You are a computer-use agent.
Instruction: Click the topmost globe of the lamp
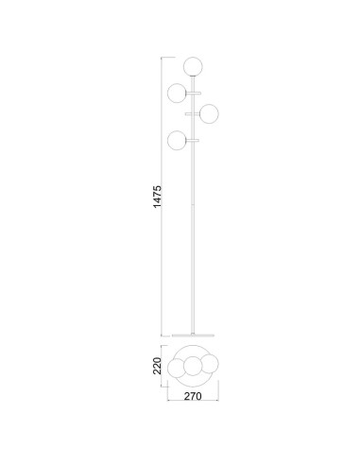pyautogui.click(x=193, y=66)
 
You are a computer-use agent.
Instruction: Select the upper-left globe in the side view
pyautogui.click(x=177, y=93)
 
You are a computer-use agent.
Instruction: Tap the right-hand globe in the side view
pyautogui.click(x=209, y=113)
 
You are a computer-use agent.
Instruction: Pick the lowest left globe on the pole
pyautogui.click(x=177, y=140)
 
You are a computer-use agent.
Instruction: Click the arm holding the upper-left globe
pyautogui.click(x=194, y=93)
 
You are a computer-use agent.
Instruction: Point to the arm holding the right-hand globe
pyautogui.click(x=193, y=113)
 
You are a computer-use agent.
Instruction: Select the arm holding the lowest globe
pyautogui.click(x=193, y=140)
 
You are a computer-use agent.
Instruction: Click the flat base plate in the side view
pyautogui.click(x=193, y=336)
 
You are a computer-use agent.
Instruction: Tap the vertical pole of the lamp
pyautogui.click(x=193, y=205)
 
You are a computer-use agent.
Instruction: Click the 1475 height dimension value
pyautogui.click(x=157, y=197)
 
